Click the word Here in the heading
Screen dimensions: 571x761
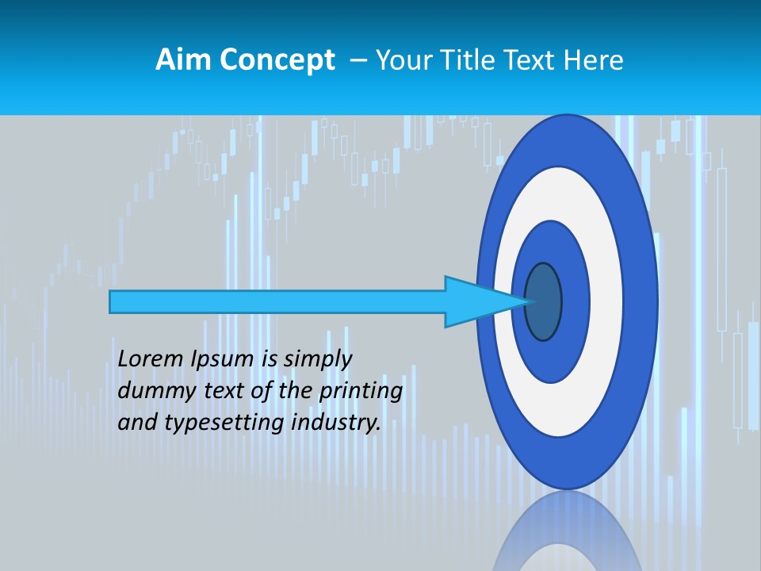pos(593,60)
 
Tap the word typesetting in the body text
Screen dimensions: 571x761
pos(224,423)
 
